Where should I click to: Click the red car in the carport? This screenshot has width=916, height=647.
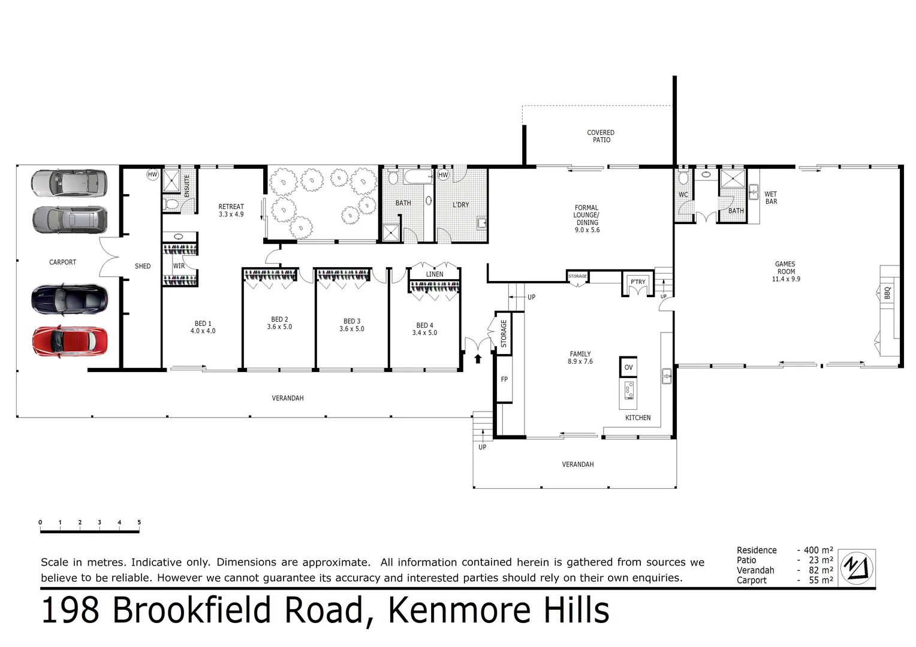70,341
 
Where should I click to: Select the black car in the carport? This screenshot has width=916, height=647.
70,300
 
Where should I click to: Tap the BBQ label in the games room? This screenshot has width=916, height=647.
887,293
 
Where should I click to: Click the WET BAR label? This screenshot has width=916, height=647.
771,198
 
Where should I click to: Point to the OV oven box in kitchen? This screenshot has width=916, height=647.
628,367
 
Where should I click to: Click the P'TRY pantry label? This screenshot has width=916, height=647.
638,282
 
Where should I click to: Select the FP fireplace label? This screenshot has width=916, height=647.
504,379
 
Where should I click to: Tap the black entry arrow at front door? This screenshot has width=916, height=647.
478,359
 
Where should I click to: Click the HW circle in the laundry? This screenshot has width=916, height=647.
443,175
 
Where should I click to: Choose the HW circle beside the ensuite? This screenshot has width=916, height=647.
153,175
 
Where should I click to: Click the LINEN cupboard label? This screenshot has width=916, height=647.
435,274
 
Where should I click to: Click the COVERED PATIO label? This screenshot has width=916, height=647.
601,136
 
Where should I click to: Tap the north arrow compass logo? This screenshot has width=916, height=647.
856,567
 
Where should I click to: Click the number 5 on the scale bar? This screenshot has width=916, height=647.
139,522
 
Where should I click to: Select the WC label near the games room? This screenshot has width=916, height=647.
683,195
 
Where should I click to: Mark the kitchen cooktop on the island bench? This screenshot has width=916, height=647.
629,390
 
